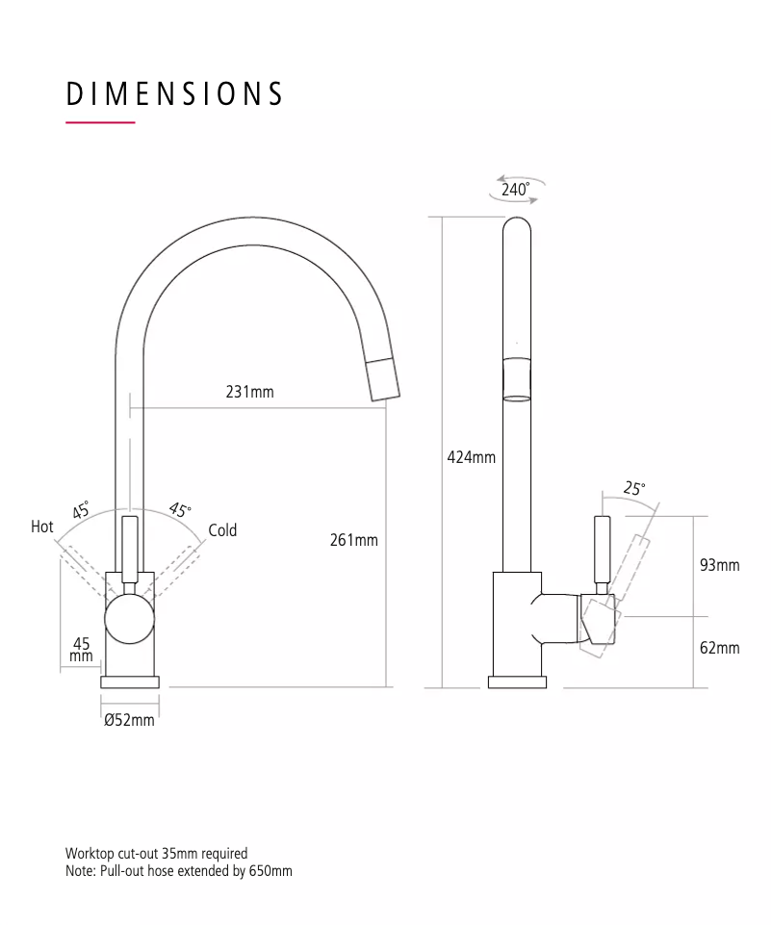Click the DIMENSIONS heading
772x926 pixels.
point(174,94)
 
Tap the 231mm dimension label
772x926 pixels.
point(250,392)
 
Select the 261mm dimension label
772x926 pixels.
point(354,540)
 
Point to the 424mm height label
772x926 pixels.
point(472,457)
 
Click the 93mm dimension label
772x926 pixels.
point(719,565)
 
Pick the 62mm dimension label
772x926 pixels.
point(719,648)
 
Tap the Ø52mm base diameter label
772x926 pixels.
point(129,720)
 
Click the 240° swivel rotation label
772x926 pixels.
point(515,189)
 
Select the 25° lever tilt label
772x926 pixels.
point(633,488)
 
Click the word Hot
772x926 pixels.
point(42,527)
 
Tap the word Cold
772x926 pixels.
point(222,529)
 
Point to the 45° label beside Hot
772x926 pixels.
point(81,509)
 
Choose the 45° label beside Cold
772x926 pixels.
point(180,509)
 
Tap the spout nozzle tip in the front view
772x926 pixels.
point(383,379)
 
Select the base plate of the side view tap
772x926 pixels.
point(518,682)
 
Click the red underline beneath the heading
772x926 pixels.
point(100,122)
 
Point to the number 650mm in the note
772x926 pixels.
point(270,871)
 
